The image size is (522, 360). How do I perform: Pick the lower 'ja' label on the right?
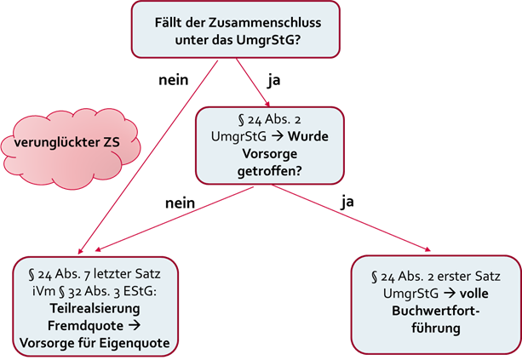click(347, 203)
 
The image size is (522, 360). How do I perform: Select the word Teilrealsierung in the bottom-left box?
click(100, 311)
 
